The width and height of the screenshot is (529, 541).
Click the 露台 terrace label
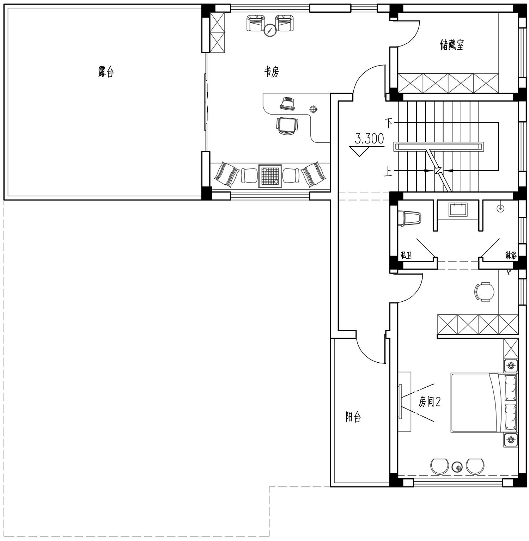[106, 72]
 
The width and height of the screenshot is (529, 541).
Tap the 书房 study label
[272, 72]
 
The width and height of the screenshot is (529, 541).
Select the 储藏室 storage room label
[452, 45]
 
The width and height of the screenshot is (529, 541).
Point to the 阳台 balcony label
[353, 417]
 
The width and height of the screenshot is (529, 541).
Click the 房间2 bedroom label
[430, 401]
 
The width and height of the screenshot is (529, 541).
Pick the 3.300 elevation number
[369, 139]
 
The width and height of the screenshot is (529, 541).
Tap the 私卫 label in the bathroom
[407, 255]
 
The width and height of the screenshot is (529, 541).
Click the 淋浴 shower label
[511, 255]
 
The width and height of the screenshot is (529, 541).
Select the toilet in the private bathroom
[409, 218]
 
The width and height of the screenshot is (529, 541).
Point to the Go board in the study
[270, 176]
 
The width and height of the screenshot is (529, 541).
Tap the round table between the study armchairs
[270, 30]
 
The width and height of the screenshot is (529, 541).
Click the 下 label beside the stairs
[388, 123]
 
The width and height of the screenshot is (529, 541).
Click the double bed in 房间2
[485, 402]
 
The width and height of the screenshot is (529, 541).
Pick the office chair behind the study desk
[287, 125]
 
